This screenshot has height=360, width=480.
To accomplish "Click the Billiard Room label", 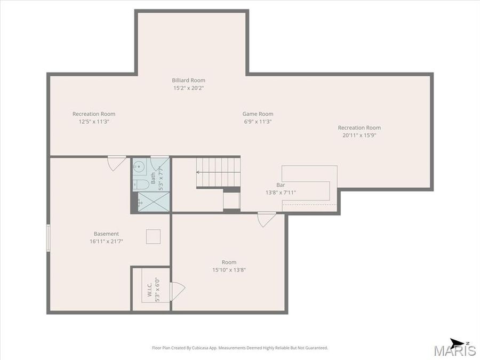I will click(188, 81).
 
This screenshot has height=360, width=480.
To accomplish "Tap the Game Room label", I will click(258, 114).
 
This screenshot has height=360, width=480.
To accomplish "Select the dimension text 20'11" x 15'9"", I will click(359, 135).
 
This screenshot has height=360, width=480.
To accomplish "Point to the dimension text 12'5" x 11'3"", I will click(94, 122).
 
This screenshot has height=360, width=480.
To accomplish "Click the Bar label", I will click(281, 185).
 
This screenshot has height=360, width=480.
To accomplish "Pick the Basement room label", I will click(106, 234).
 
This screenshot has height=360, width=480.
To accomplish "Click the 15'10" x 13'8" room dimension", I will click(229, 270).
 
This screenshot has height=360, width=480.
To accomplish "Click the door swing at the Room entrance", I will click(266, 219).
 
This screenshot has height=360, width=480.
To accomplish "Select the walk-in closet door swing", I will click(177, 291).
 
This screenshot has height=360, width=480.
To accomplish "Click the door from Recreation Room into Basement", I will click(116, 163).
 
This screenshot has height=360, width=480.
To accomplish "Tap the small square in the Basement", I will click(153, 236).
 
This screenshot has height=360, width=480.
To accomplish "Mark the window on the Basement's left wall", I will click(49, 237).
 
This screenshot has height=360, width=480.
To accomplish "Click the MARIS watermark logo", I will click(455, 350).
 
